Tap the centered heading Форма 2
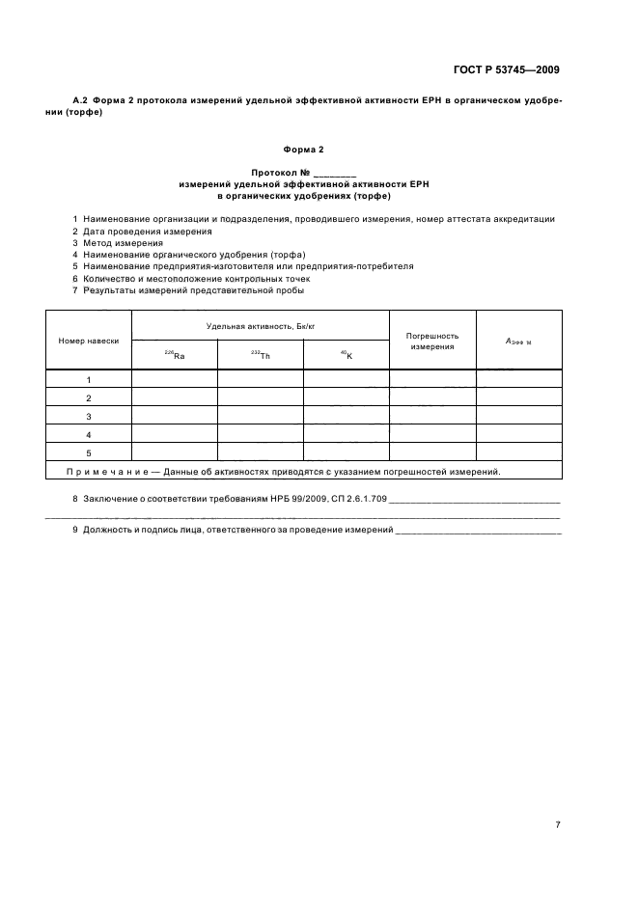304,150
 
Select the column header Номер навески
89,341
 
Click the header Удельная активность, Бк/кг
260,328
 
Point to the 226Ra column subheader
174,356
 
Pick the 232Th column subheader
260,356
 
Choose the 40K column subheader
346,356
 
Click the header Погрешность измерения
431,341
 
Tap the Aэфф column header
518,341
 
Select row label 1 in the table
89,380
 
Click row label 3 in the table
89,416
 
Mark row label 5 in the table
89,452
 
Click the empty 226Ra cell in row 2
174,397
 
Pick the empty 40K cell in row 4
346,434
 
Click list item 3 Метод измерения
117,243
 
